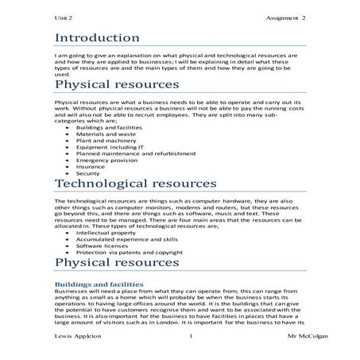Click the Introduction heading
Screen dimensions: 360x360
[97, 38]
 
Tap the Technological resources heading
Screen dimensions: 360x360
[130, 185]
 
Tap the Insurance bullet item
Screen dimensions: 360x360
[90, 167]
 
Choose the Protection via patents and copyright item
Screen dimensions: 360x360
[127, 252]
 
